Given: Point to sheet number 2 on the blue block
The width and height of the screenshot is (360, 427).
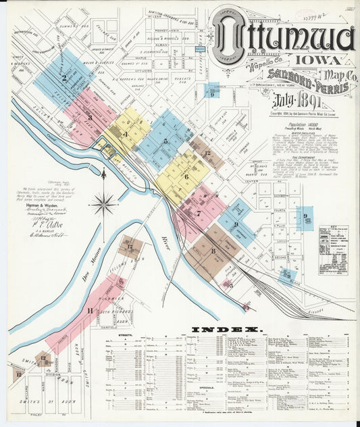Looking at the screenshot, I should (64, 77).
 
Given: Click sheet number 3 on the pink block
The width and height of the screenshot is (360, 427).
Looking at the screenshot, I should (89, 117).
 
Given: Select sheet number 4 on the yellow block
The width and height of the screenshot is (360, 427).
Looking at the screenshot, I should (126, 134).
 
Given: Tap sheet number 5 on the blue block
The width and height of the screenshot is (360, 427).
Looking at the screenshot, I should (165, 141).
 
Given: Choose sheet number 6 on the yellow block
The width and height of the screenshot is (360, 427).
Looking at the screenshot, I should (186, 176).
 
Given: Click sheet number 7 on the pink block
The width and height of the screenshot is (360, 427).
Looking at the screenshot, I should (199, 214).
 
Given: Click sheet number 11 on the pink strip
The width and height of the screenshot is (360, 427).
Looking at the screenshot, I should (90, 310).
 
